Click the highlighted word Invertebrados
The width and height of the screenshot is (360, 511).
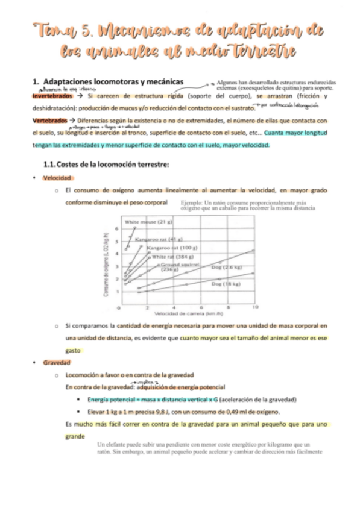[52, 96]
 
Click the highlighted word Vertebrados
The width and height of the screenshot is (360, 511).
[49, 121]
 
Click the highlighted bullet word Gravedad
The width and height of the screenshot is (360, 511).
[56, 363]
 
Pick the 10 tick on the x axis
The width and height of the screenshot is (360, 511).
[255, 307]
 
